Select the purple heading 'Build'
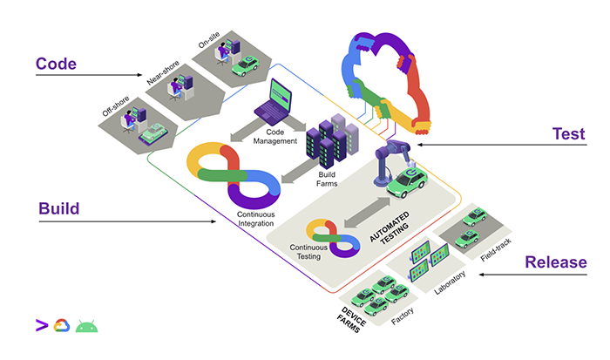tap(59, 209)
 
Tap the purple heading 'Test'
tap(568, 134)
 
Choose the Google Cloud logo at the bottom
tap(62, 327)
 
